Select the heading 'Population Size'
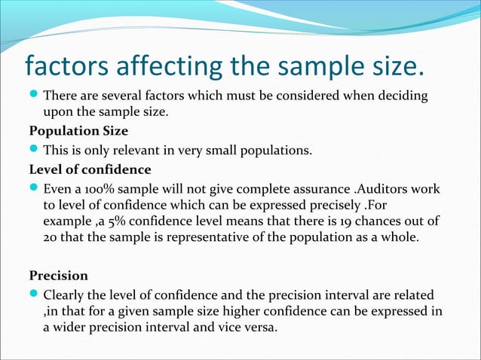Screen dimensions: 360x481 [73, 131]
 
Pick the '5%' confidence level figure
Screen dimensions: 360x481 [119, 221]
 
